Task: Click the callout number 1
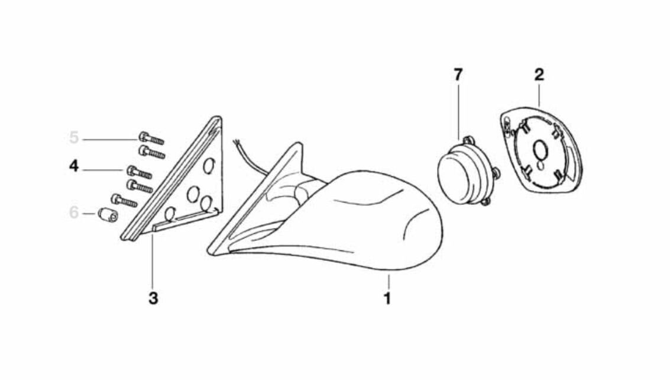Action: (387, 298)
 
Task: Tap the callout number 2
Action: (539, 75)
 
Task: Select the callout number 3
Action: (153, 298)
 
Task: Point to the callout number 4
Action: (74, 166)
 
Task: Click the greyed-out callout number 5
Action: (74, 137)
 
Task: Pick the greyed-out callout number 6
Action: (74, 212)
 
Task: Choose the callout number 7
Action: (458, 75)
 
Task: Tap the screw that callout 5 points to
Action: (151, 139)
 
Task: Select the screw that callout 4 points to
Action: (140, 172)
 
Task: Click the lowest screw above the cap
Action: (124, 200)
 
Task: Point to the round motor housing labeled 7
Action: (464, 171)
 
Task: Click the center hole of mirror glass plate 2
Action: (540, 150)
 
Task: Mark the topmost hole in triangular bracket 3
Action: (209, 166)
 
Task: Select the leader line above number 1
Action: (389, 282)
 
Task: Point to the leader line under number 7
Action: (458, 112)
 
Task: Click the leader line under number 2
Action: (539, 95)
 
